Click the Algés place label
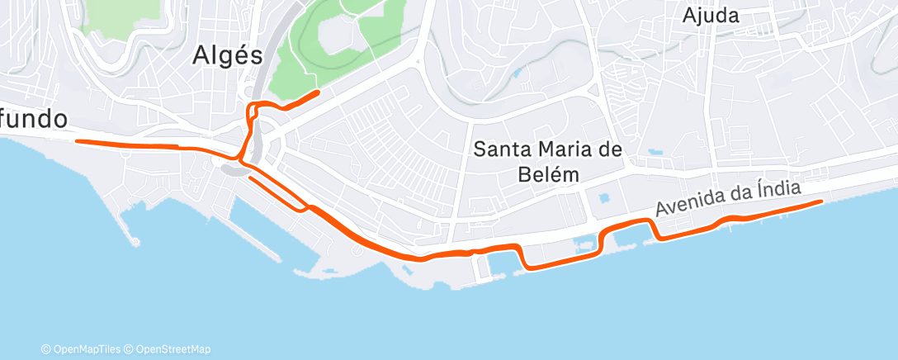[227, 55]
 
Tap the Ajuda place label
[711, 15]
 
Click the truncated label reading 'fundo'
[34, 118]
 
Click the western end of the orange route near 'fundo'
[78, 141]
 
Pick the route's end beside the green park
[318, 92]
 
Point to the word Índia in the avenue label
[777, 190]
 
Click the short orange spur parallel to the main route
[276, 191]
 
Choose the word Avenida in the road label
[683, 207]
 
